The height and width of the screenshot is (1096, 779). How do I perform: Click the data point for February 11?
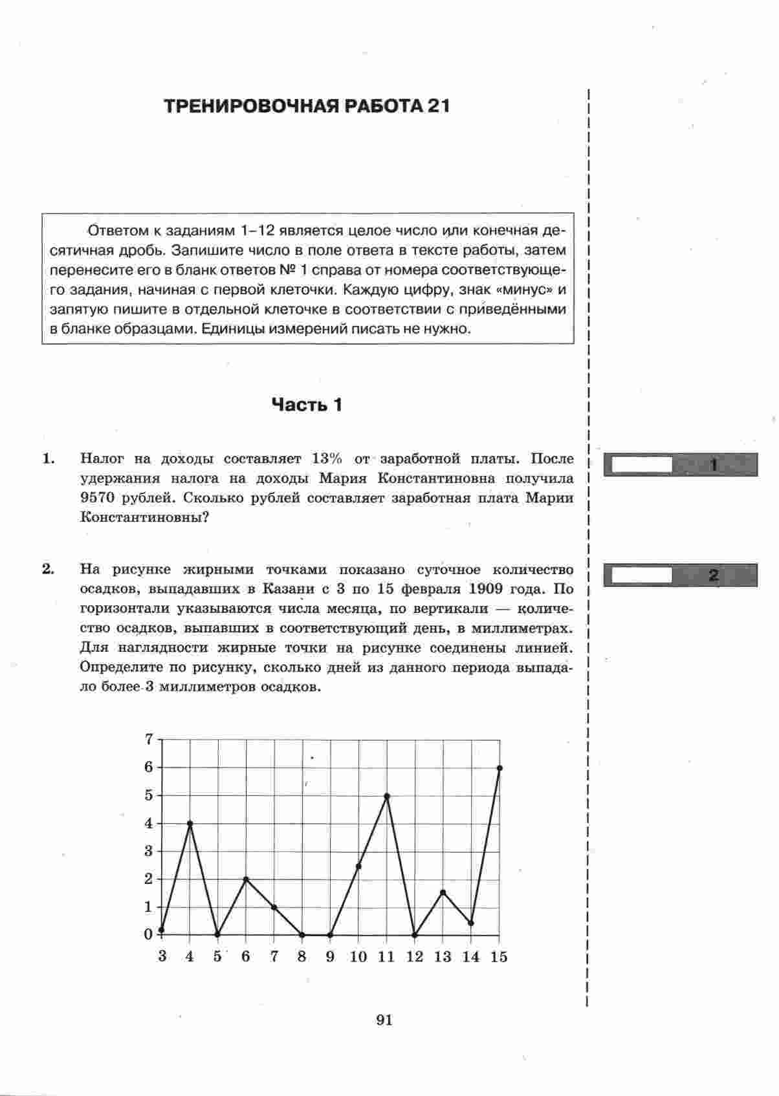tap(387, 796)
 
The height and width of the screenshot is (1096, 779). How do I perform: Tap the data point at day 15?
tap(499, 768)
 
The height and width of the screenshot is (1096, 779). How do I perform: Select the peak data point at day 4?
tap(190, 823)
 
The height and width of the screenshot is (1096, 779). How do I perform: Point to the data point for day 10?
tap(358, 866)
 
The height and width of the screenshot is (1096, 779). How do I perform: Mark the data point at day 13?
tap(443, 892)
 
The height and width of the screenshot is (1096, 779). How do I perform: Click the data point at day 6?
tap(246, 879)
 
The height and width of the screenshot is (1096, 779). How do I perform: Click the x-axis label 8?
tap(302, 957)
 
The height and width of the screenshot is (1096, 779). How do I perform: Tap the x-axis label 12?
tap(414, 957)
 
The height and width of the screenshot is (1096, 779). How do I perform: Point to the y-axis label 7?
tap(149, 739)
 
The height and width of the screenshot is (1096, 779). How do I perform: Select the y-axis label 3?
tap(149, 851)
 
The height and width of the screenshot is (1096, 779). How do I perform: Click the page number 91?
tap(384, 1020)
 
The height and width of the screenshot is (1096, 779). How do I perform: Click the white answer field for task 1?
tap(641, 465)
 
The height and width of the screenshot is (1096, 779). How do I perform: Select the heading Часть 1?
tap(307, 405)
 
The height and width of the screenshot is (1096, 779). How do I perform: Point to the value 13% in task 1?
tap(327, 459)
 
